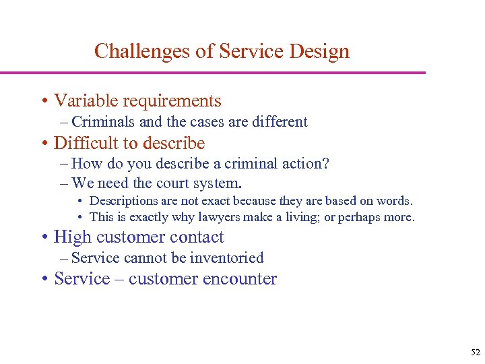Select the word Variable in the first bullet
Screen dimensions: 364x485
click(82, 101)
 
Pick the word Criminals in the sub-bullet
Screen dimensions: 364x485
click(99, 122)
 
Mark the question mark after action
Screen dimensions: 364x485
click(326, 164)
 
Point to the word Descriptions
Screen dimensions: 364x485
click(124, 201)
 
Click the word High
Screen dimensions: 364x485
click(72, 237)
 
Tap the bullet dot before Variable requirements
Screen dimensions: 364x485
click(44, 102)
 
